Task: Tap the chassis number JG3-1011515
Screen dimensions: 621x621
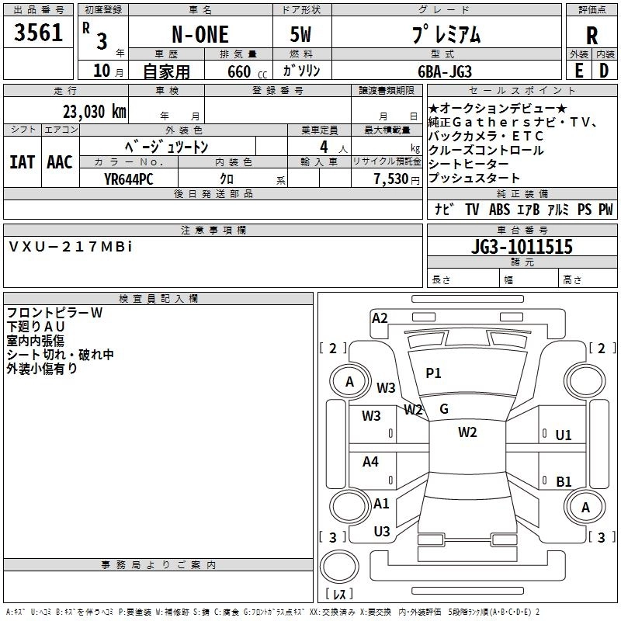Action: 522,247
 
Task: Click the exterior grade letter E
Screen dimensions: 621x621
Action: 578,71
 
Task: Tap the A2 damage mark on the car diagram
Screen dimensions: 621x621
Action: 380,317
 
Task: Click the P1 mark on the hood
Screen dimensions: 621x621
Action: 433,373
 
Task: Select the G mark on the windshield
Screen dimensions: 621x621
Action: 444,409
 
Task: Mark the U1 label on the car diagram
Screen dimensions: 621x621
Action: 564,435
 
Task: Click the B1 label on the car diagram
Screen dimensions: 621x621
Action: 564,481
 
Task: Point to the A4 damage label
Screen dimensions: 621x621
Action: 371,462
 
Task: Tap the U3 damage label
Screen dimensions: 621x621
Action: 381,531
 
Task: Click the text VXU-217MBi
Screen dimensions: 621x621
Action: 71,246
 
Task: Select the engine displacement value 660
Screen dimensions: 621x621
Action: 239,71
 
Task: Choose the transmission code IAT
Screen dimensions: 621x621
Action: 22,162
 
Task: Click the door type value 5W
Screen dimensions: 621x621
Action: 300,36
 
